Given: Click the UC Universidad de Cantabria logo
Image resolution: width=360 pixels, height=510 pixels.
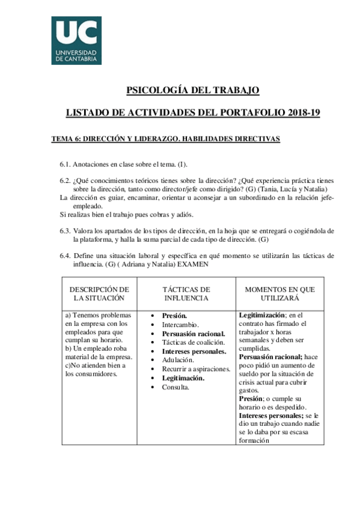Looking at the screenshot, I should click(x=76, y=40).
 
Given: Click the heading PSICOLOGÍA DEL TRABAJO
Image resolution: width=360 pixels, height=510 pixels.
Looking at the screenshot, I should click(x=192, y=90).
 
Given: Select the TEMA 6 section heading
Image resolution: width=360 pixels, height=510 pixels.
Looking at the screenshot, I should click(x=166, y=138).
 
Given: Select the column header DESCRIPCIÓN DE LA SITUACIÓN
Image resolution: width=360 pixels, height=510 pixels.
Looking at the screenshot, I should click(x=100, y=293).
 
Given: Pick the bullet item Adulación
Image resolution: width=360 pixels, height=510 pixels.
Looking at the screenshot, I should click(x=179, y=360).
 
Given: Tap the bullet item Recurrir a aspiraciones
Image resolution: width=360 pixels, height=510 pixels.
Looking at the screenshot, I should click(x=196, y=369).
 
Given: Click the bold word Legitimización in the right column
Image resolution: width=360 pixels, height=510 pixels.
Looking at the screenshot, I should click(x=262, y=315).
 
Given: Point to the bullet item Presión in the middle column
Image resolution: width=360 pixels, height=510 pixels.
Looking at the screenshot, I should click(x=175, y=315).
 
